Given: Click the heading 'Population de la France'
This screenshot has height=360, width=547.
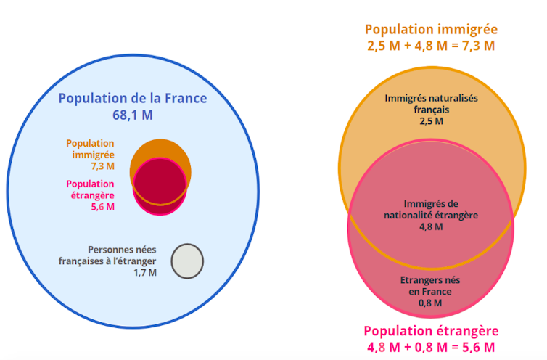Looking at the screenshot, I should tap(132, 99).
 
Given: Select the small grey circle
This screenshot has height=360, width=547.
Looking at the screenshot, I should tap(187, 261).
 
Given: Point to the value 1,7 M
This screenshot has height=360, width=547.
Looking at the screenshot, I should tap(144, 273).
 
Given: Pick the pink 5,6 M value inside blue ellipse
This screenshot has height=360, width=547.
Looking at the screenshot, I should tap(102, 207).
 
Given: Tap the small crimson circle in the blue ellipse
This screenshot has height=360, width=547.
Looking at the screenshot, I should tap(160, 186).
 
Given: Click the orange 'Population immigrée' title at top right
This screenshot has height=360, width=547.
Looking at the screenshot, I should tap(431, 30).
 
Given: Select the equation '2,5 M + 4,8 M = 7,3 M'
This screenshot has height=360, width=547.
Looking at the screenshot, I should tap(431, 46).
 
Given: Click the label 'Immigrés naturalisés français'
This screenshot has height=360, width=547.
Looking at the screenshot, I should tap(432, 103).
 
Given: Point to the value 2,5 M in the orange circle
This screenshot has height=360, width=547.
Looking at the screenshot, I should tap(432, 121).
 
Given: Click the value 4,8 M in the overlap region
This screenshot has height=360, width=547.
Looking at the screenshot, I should tap(432, 226).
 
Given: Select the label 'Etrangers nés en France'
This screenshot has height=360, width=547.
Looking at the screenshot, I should tap(431, 285).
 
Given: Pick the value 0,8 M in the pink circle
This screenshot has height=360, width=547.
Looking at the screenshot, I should tap(431, 303).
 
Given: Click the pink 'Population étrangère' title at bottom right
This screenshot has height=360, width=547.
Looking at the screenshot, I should tap(431, 330).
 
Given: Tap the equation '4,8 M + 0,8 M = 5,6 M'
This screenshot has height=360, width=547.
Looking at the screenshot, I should tap(431, 346).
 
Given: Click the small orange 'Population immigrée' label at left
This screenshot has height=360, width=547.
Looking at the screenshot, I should tap(90, 149).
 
